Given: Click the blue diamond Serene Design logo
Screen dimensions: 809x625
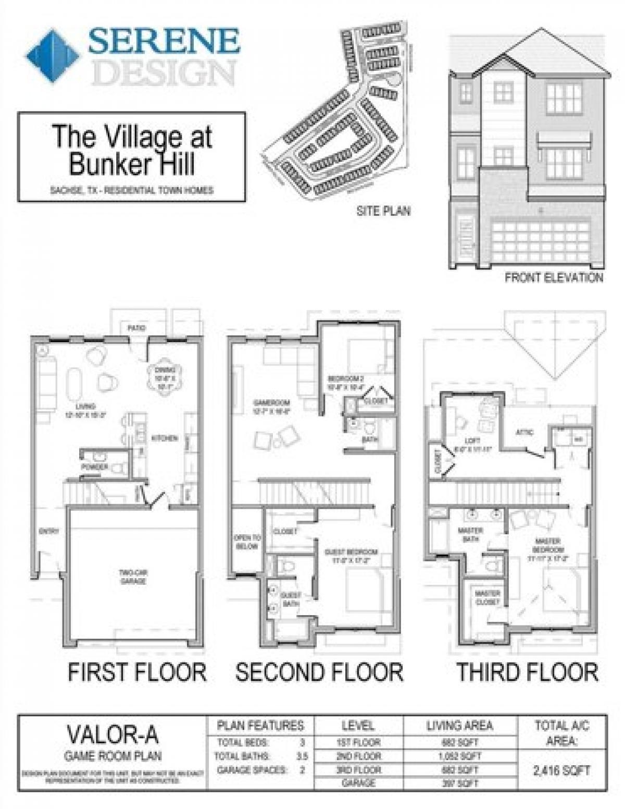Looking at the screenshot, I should point(52,56).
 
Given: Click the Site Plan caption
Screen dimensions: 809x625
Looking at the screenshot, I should point(383,211).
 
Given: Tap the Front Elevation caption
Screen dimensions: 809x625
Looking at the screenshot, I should point(553,277).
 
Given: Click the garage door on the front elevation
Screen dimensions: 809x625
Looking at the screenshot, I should point(541,242).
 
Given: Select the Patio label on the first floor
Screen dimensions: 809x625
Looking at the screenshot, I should point(136,328).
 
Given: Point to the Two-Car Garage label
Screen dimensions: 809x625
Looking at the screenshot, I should point(133,577).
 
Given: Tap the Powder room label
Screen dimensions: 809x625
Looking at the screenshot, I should point(95,467).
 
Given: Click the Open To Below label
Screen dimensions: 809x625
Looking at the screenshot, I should point(247,542).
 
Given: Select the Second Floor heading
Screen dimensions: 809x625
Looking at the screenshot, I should point(319,672).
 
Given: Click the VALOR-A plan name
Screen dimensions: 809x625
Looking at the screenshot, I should point(113,735).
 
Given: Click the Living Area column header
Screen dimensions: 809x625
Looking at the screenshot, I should point(459,726).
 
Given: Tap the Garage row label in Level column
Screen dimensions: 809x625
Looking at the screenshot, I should point(358,783).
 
